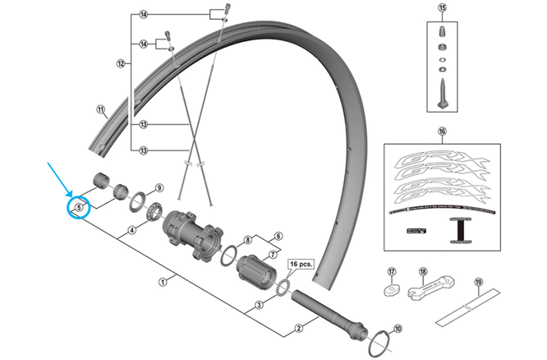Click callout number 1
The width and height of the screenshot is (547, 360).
coord(163,281)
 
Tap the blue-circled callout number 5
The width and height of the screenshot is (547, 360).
coord(79,208)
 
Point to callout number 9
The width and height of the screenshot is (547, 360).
coord(160,188)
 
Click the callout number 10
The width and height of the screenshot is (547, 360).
coord(399,330)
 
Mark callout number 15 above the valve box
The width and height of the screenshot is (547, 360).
coord(443,11)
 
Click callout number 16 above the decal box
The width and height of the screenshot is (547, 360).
coord(442,132)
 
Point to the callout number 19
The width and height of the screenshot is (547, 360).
coord(477,282)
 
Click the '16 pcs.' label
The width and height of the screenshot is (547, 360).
coord(301,264)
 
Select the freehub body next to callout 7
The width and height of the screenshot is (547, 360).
coord(256,270)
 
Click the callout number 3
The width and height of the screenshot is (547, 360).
coord(259,305)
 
